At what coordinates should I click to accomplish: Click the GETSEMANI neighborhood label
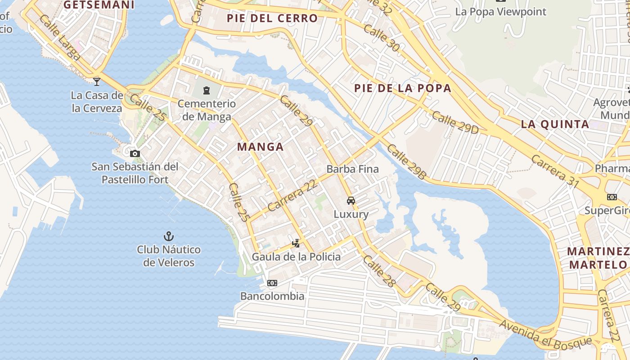(99, 5)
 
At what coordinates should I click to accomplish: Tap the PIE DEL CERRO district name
(272, 18)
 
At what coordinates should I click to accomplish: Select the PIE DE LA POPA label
(402, 88)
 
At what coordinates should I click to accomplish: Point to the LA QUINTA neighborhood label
(555, 124)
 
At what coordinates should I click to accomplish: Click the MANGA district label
(260, 147)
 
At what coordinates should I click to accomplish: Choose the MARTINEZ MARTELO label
(598, 258)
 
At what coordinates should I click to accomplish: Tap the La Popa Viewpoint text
(500, 12)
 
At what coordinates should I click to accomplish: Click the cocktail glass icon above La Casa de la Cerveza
(97, 81)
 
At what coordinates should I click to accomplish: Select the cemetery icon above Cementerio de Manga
(207, 90)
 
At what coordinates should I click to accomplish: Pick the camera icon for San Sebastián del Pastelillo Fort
(135, 154)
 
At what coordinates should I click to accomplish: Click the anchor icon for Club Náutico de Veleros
(169, 236)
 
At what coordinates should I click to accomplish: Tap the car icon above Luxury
(351, 201)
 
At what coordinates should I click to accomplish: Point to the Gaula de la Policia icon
(296, 243)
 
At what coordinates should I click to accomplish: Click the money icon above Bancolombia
(272, 283)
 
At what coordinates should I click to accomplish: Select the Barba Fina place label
(353, 169)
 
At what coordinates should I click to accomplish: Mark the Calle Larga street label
(59, 38)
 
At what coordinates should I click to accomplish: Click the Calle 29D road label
(455, 122)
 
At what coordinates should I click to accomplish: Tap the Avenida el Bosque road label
(545, 333)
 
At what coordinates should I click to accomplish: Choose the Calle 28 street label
(379, 271)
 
